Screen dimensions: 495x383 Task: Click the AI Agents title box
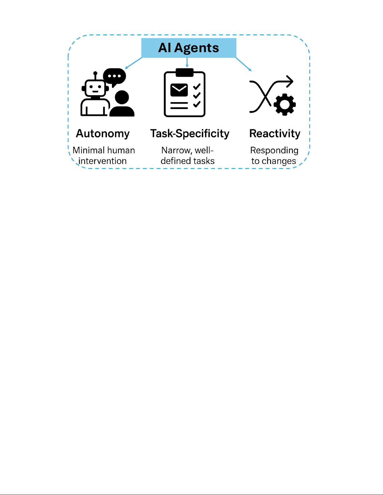coord(189,48)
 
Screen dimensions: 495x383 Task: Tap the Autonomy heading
coord(103,134)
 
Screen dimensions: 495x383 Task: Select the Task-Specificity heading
coord(190,134)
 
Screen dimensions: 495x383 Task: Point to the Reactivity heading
coord(275,134)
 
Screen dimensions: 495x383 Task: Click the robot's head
coord(95,88)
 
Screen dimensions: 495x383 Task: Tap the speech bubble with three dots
coord(114,76)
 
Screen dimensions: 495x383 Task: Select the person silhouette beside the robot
coord(122,104)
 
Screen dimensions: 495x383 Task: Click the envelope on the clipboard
coord(179,90)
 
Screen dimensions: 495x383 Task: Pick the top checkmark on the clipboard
coord(197,87)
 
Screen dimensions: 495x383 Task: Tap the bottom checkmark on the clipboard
coord(197,104)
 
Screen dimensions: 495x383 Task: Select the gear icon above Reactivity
coord(285,105)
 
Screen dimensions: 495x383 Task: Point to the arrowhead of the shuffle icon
coord(290,82)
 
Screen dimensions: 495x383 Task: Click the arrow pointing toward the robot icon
coord(133,63)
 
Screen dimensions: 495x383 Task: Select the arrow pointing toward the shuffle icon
coord(244,64)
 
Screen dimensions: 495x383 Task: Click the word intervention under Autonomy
coord(103,161)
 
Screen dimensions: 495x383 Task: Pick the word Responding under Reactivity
coord(274,151)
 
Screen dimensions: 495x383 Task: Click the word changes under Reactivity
coord(279,161)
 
